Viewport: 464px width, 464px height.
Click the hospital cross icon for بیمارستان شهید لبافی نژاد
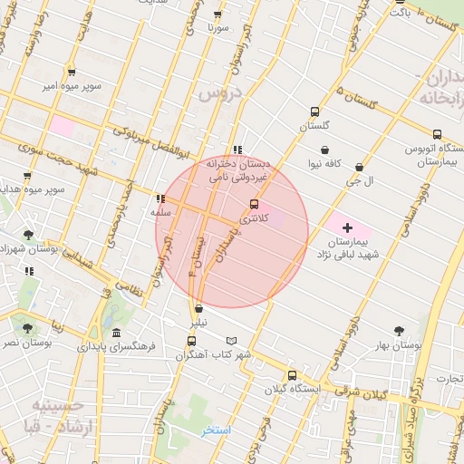[348, 225]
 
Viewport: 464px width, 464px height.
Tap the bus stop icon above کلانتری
[252, 205]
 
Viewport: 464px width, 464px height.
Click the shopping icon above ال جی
[361, 168]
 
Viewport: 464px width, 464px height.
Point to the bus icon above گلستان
[314, 112]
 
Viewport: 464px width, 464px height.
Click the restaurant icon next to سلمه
[160, 198]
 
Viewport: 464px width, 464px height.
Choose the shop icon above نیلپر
[198, 309]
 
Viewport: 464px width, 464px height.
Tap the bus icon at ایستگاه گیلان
[292, 375]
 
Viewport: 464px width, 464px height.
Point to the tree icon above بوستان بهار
[400, 332]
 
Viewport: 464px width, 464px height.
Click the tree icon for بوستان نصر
[27, 329]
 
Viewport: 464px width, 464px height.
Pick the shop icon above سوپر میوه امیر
[71, 72]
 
